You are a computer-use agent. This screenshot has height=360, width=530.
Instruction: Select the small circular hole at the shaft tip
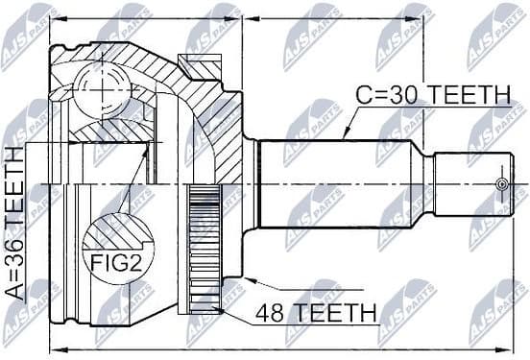click(498, 183)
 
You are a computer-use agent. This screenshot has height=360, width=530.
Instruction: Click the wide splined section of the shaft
click(336, 183)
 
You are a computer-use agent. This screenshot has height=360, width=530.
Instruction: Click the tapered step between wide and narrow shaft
click(423, 183)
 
